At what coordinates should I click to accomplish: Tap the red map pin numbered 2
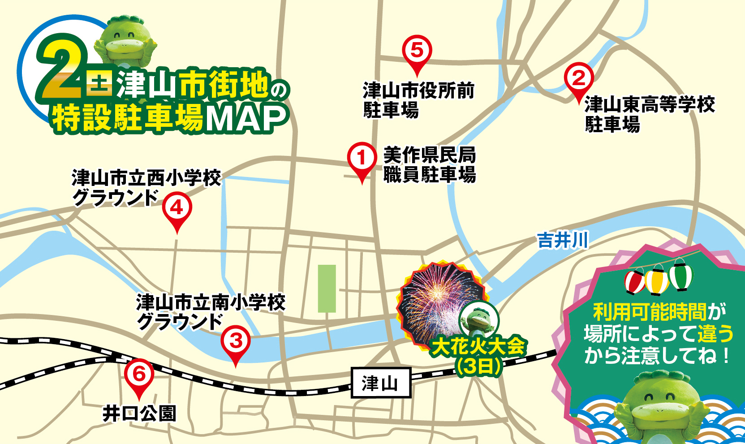pyautogui.click(x=579, y=79)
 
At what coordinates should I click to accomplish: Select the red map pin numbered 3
pyautogui.click(x=235, y=342)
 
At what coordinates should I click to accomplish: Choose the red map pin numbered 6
pyautogui.click(x=139, y=375)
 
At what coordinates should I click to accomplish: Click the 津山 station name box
pyautogui.click(x=380, y=383)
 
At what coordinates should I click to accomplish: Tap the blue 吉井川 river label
pyautogui.click(x=563, y=241)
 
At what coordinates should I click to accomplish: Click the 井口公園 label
pyautogui.click(x=139, y=414)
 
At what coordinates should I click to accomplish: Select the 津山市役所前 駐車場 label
pyautogui.click(x=418, y=100)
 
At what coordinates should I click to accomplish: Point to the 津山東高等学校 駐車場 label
pyautogui.click(x=649, y=114)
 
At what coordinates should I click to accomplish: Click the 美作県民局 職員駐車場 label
pyautogui.click(x=429, y=165)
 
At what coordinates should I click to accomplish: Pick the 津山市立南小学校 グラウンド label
pyautogui.click(x=211, y=312)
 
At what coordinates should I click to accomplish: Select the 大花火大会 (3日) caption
pyautogui.click(x=478, y=356)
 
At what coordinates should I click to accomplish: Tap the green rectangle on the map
pyautogui.click(x=327, y=289)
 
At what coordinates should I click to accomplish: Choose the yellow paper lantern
pyautogui.click(x=657, y=280)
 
